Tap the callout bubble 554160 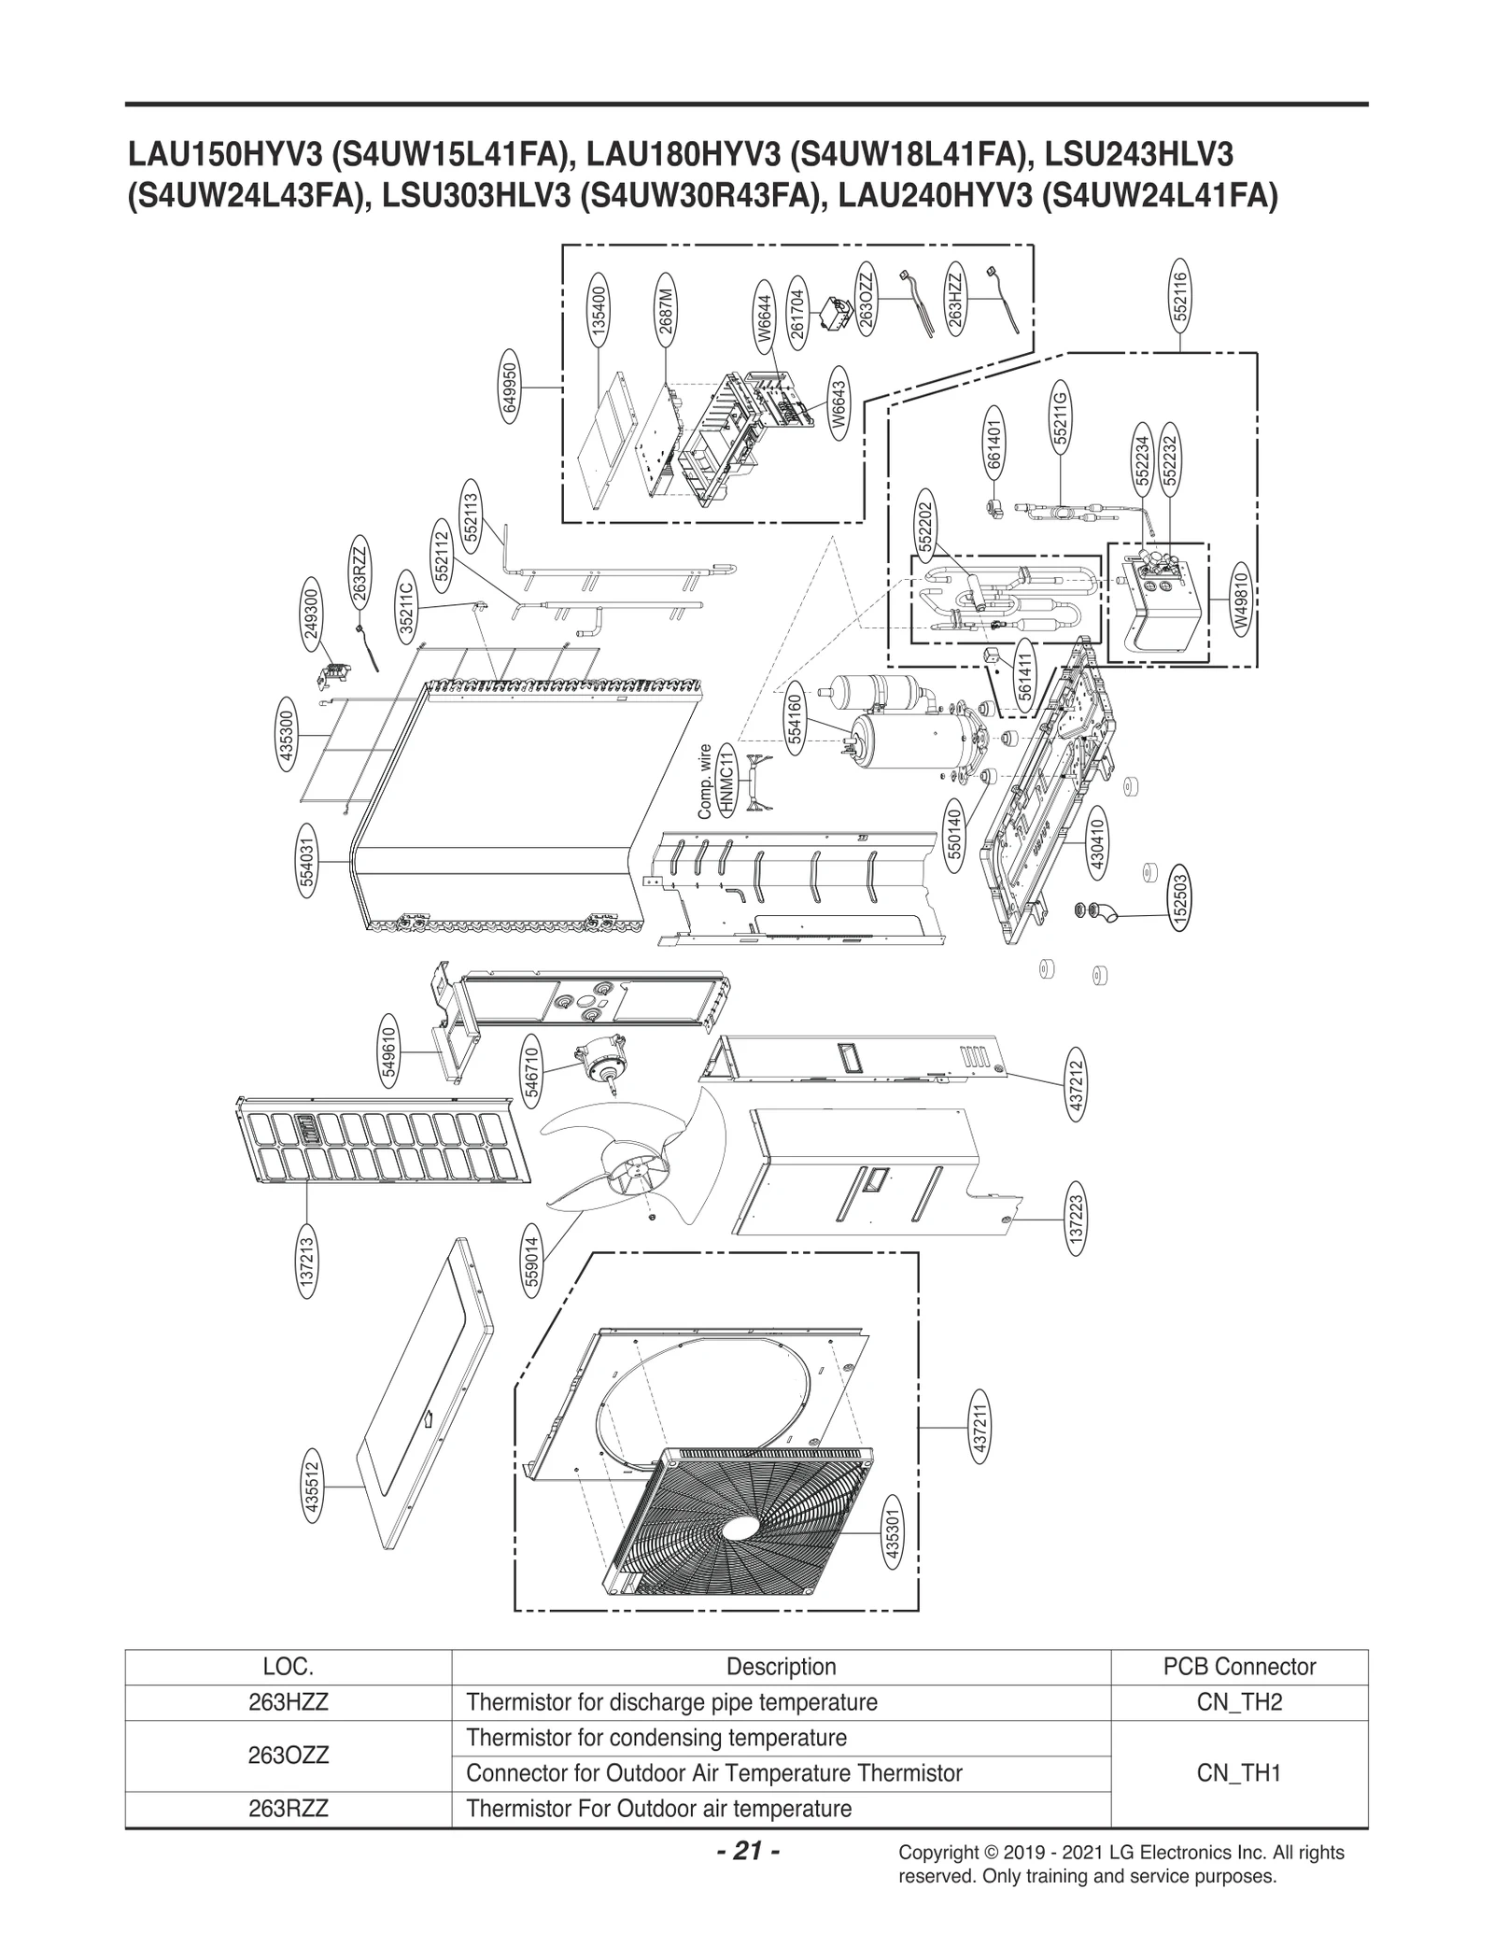pyautogui.click(x=795, y=718)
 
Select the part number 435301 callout pyautogui.click(x=892, y=1536)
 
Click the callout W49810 pyautogui.click(x=1240, y=598)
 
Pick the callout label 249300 pyautogui.click(x=312, y=612)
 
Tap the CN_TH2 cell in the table pyautogui.click(x=1239, y=1701)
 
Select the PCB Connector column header pyautogui.click(x=1239, y=1666)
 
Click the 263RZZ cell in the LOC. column pyautogui.click(x=288, y=1808)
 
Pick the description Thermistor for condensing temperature pyautogui.click(x=655, y=1738)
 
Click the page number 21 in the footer pyautogui.click(x=747, y=1850)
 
